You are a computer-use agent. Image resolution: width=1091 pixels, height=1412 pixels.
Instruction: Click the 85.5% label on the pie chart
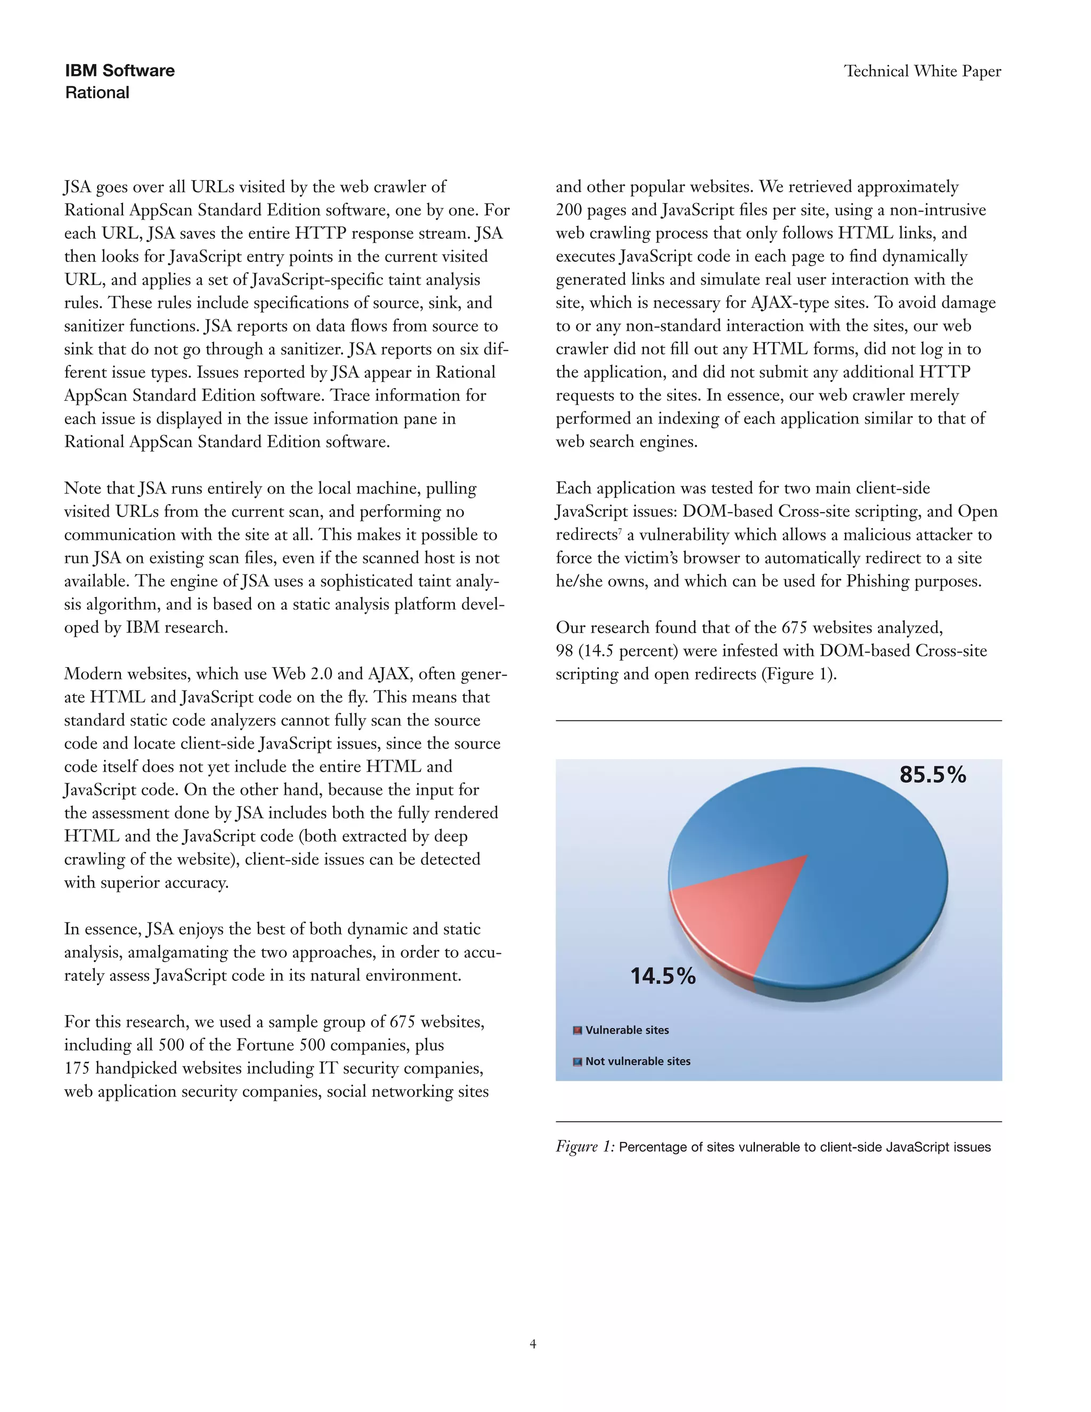click(932, 775)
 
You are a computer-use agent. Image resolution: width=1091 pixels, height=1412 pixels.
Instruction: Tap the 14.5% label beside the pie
click(663, 976)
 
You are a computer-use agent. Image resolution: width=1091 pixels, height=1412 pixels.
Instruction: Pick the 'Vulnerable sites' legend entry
click(626, 1030)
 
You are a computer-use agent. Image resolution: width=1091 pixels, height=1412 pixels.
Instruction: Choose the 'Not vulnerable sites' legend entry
click(637, 1061)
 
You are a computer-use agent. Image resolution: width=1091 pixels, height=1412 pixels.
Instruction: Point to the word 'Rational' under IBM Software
click(97, 93)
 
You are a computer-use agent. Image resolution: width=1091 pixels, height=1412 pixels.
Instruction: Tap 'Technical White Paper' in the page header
click(922, 71)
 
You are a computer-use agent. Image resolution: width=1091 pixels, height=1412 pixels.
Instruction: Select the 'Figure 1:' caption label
click(585, 1147)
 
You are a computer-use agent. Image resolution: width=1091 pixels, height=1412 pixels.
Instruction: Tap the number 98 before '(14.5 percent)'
click(564, 651)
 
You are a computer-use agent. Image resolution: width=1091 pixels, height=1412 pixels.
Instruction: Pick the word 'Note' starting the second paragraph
click(82, 488)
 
